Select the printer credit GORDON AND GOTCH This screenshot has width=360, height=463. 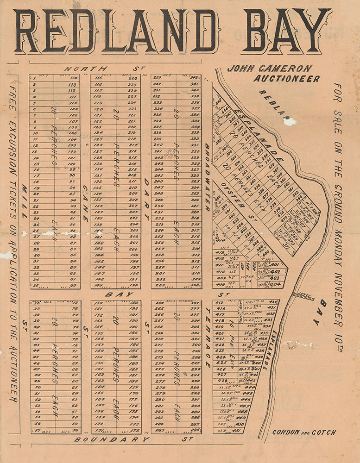(x=304, y=432)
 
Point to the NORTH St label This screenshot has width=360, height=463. (x=102, y=69)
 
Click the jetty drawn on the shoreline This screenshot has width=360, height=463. (x=303, y=296)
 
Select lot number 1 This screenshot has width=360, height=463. (x=35, y=78)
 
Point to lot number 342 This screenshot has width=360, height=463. (x=195, y=77)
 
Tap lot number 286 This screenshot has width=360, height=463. (x=195, y=430)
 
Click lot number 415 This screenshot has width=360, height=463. (x=219, y=302)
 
